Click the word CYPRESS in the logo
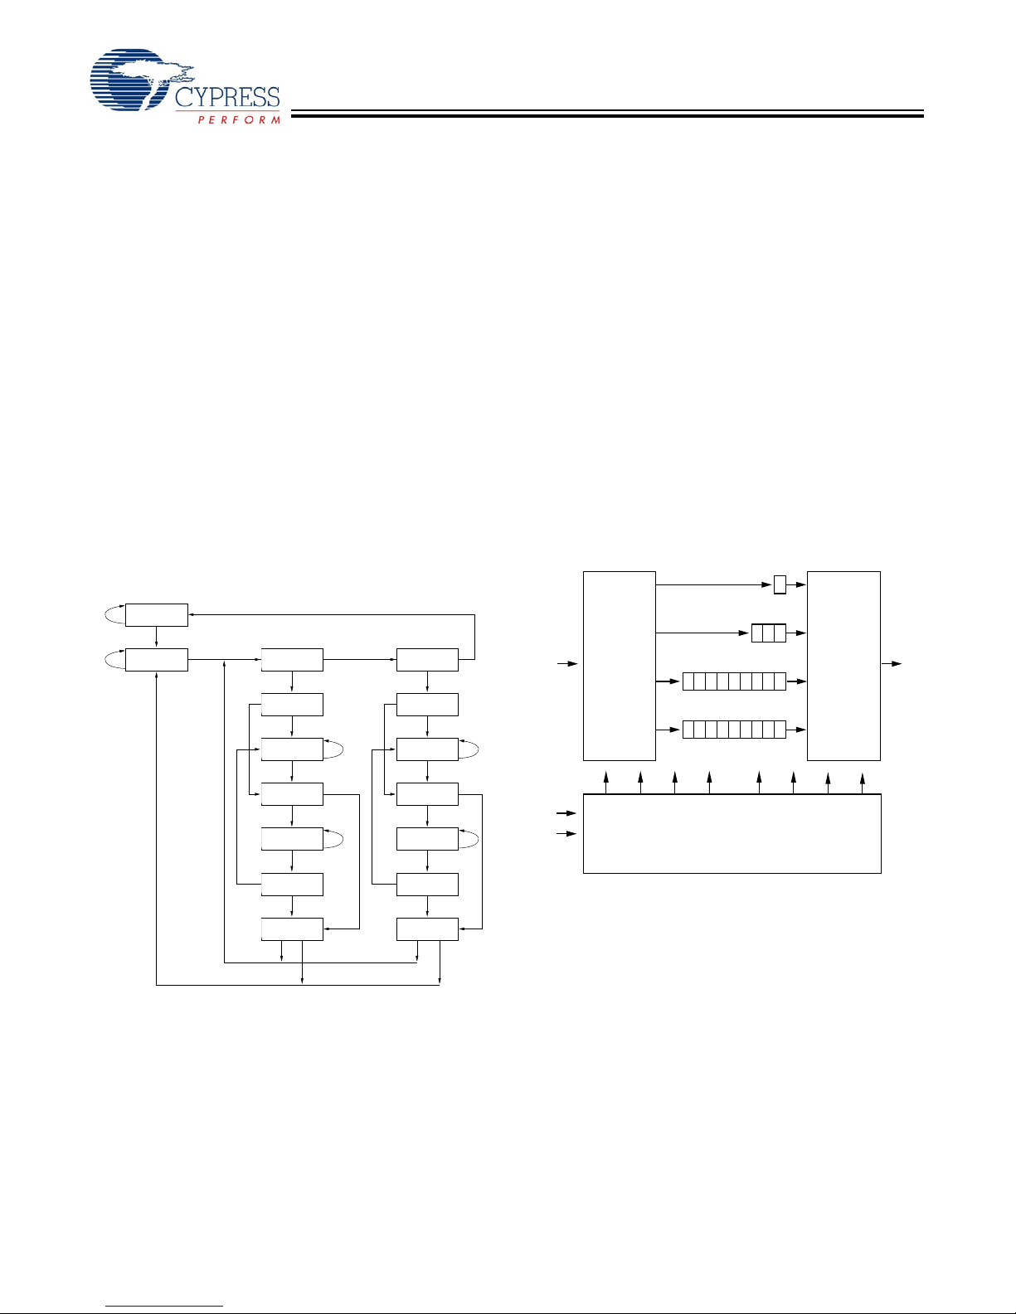click(x=227, y=97)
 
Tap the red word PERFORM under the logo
click(x=239, y=119)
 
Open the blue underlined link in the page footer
click(x=164, y=1307)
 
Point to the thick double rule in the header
click(x=607, y=114)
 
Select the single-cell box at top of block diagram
click(x=780, y=584)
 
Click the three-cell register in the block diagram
click(x=769, y=633)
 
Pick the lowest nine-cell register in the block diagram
click(x=734, y=730)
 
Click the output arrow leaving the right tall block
click(x=892, y=664)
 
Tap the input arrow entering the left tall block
click(x=567, y=664)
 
